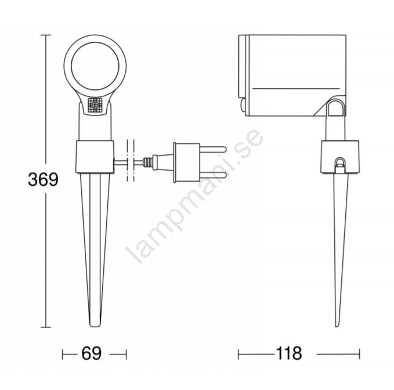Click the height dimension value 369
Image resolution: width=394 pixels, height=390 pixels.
43,179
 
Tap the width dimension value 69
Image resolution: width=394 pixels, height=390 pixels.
92,353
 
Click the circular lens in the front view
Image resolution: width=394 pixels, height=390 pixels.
95,66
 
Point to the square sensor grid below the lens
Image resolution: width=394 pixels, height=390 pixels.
95,105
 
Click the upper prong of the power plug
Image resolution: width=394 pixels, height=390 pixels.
213,150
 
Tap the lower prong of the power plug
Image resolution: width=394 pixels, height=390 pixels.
213,175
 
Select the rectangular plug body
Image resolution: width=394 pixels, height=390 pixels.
186,162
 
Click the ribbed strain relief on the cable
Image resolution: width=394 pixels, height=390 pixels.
148,162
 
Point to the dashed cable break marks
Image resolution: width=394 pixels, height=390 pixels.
131,161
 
